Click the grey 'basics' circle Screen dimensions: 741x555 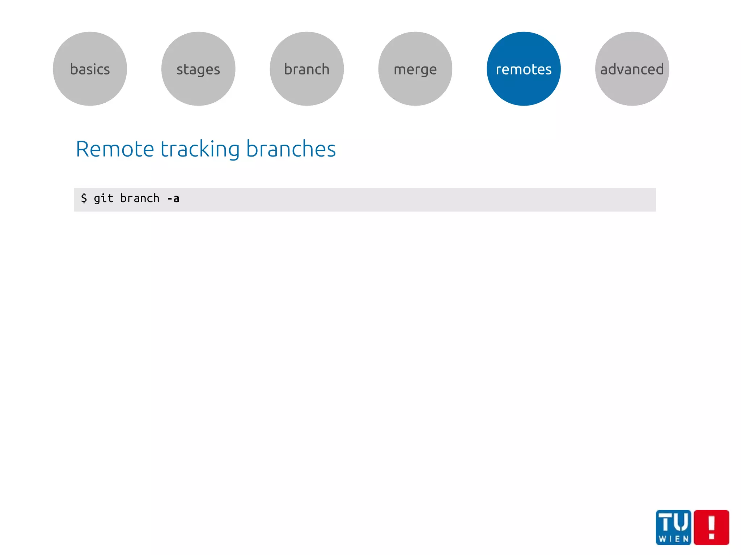[x=90, y=69]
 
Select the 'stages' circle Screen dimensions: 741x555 [x=198, y=69]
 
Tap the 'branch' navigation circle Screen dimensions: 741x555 [x=307, y=69]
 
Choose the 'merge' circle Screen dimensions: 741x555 [x=415, y=69]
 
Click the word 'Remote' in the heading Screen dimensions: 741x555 [x=115, y=149]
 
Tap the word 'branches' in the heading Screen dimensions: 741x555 [x=291, y=149]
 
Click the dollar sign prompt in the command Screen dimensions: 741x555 [x=84, y=198]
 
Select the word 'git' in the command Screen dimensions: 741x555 [x=103, y=198]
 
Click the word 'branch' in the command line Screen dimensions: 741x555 [x=140, y=198]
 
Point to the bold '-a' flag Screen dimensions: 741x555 [x=173, y=198]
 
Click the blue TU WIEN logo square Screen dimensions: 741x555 [x=673, y=527]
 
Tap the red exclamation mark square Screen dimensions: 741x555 [x=711, y=527]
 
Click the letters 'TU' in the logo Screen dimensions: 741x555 [x=673, y=522]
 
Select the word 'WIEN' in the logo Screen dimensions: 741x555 [x=674, y=539]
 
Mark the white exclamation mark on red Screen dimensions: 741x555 [x=711, y=527]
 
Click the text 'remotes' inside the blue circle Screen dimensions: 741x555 [x=524, y=69]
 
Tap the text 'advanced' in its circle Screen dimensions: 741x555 [x=632, y=69]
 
